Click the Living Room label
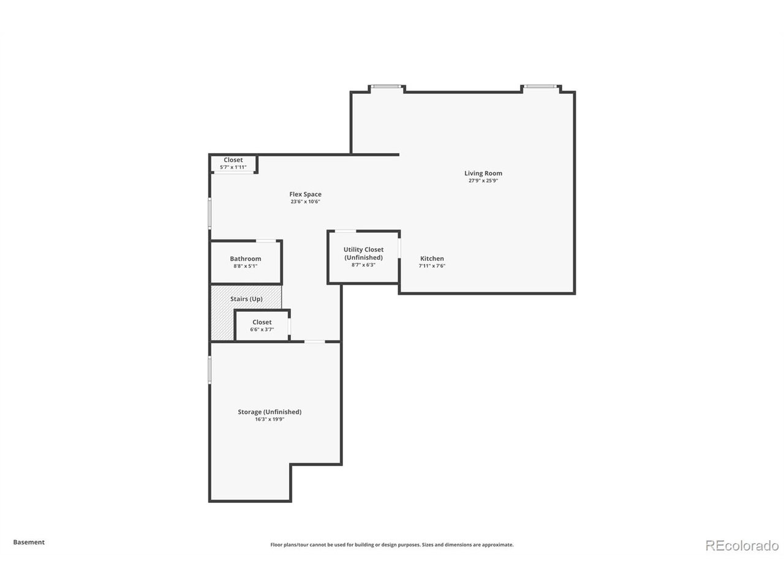pyautogui.click(x=483, y=173)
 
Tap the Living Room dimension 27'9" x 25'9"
pyautogui.click(x=483, y=181)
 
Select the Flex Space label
pyautogui.click(x=305, y=194)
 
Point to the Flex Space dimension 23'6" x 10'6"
pyautogui.click(x=305, y=202)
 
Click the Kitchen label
pyautogui.click(x=432, y=258)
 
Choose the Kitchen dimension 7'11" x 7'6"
pyautogui.click(x=432, y=266)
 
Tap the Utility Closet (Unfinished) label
pyautogui.click(x=363, y=254)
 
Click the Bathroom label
pyautogui.click(x=246, y=258)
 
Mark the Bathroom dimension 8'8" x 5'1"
pyautogui.click(x=246, y=266)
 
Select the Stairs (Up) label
pyautogui.click(x=246, y=299)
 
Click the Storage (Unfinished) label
pyautogui.click(x=269, y=412)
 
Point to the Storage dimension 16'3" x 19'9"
pyautogui.click(x=269, y=420)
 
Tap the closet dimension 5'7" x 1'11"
pyautogui.click(x=233, y=167)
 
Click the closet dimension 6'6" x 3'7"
pyautogui.click(x=262, y=330)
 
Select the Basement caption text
pyautogui.click(x=29, y=542)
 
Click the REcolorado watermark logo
pyautogui.click(x=742, y=545)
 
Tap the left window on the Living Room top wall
pyautogui.click(x=386, y=87)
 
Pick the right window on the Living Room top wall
pyautogui.click(x=540, y=87)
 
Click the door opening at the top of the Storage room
pyautogui.click(x=315, y=341)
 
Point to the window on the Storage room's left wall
pyautogui.click(x=209, y=370)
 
